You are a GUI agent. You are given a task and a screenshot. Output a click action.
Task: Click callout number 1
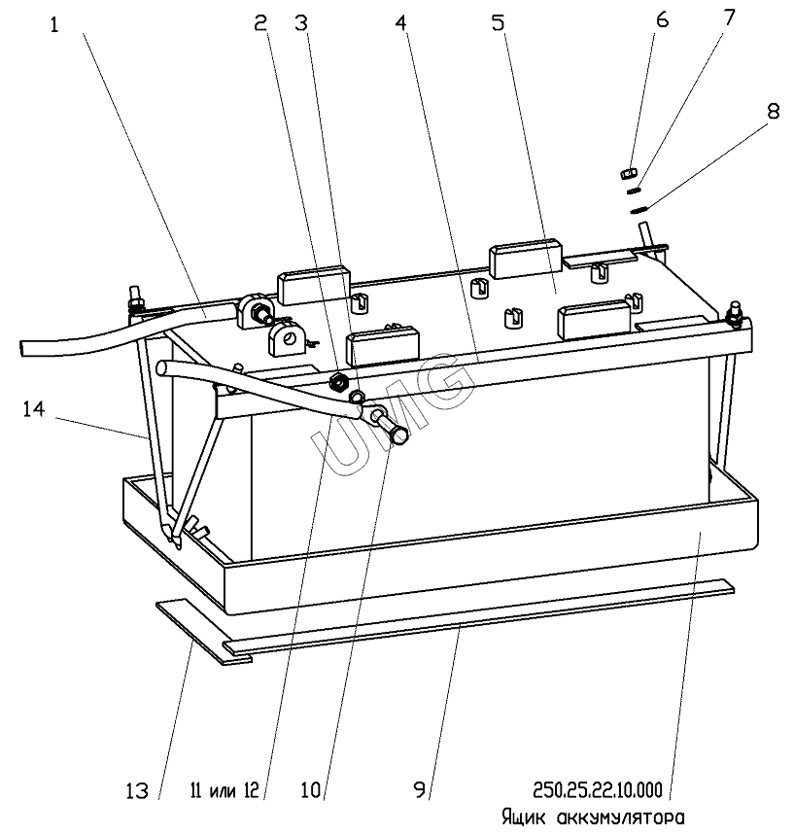(54, 25)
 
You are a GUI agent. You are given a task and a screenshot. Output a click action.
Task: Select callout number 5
(498, 23)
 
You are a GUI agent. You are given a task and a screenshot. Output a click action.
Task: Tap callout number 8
(773, 112)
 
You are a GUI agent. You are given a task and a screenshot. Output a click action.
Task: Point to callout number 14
(34, 409)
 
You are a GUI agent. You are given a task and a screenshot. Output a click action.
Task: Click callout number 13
(137, 790)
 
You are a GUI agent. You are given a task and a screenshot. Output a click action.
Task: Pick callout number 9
(420, 789)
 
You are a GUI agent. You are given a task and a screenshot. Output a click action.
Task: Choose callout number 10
(311, 789)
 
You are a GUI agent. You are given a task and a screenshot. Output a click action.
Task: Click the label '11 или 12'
(224, 790)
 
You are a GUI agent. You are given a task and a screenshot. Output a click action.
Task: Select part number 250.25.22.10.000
(598, 789)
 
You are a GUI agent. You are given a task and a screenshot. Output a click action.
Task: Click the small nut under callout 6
(630, 173)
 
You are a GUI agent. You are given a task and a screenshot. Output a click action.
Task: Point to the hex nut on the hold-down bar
(339, 381)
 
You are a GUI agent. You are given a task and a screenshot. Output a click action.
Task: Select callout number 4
(400, 23)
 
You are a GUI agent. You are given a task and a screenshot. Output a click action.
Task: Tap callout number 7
(729, 18)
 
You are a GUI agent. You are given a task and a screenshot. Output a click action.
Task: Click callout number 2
(260, 23)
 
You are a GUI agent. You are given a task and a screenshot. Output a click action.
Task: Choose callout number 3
(301, 23)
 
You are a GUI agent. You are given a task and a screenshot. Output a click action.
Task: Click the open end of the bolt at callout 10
(399, 436)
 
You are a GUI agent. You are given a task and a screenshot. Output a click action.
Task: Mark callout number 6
(662, 19)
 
